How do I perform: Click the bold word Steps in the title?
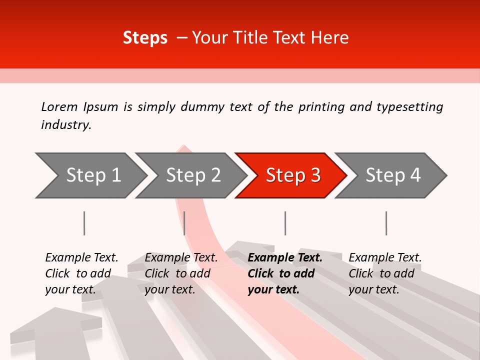click(x=145, y=38)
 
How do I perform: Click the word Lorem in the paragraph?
click(x=59, y=107)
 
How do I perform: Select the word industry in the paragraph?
click(x=65, y=125)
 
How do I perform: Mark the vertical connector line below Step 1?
click(x=84, y=223)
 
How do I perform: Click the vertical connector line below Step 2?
click(x=184, y=223)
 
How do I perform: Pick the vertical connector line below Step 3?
click(x=285, y=223)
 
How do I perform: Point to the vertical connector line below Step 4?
click(x=386, y=223)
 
